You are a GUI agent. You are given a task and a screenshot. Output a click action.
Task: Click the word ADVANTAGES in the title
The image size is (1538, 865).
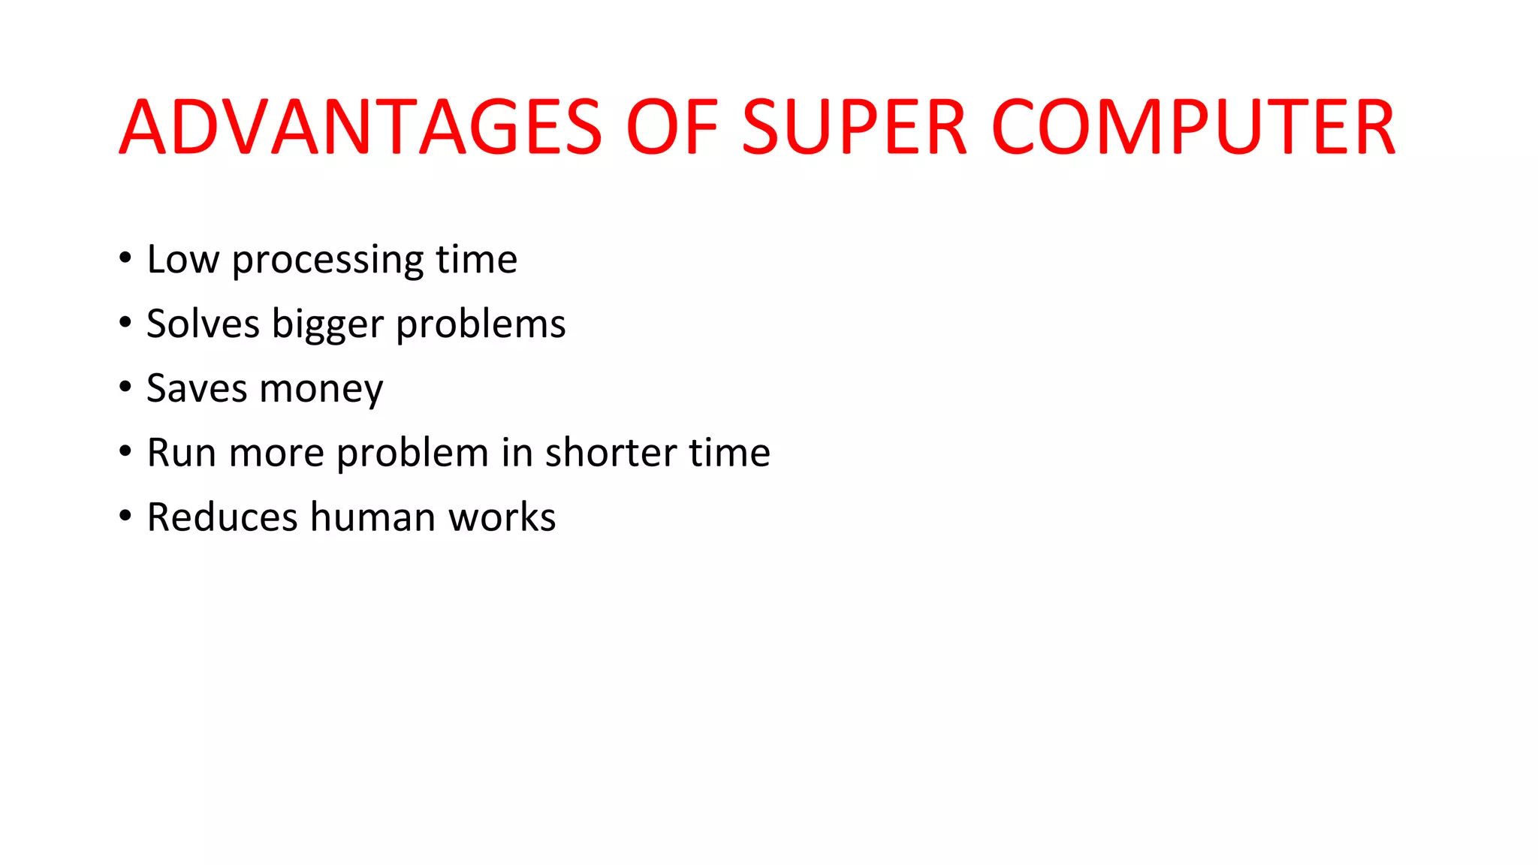(360, 128)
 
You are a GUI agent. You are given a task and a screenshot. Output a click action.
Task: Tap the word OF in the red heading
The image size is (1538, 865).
(672, 128)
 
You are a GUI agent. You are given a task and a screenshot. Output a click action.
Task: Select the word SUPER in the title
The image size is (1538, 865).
(854, 128)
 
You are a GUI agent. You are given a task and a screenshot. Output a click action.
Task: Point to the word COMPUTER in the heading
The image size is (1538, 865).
(1194, 128)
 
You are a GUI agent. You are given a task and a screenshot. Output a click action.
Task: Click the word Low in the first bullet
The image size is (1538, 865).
(182, 260)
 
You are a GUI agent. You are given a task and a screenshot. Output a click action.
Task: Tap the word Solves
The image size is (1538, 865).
(203, 324)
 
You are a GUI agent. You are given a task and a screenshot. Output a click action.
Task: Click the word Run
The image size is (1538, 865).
(181, 454)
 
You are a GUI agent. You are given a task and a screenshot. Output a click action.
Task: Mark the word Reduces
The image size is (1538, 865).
(222, 518)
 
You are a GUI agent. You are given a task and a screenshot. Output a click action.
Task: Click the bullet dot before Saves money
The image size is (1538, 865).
(125, 387)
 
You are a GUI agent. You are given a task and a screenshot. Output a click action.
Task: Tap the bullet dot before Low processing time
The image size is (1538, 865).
(125, 258)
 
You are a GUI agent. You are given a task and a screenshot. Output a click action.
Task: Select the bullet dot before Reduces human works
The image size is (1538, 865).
(125, 517)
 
